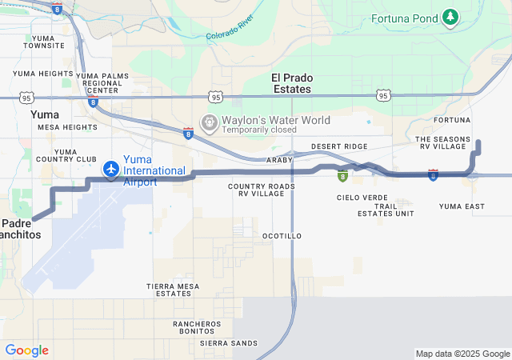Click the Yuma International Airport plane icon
tap(110, 170)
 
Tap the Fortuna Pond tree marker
tap(451, 16)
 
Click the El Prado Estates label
tap(291, 83)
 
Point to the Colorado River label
tap(230, 27)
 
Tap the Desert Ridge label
tap(339, 146)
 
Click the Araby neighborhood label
tap(279, 160)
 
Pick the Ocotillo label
tap(282, 236)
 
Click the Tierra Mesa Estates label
tap(174, 290)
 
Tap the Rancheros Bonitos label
tap(197, 327)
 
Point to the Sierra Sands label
tap(230, 342)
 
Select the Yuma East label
tap(462, 206)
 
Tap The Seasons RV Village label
tap(441, 143)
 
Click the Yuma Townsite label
tap(44, 42)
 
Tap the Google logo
tap(26, 350)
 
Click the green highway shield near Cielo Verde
tap(342, 176)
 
